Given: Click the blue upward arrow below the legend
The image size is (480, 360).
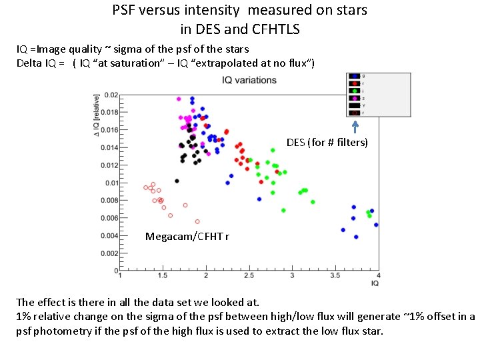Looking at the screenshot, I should pos(355,126).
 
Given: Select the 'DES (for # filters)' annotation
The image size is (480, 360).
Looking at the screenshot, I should pos(327,142).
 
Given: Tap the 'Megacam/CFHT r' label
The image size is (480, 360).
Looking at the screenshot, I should pos(187,236).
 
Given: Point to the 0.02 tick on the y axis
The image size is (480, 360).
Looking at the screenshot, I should pos(110,95).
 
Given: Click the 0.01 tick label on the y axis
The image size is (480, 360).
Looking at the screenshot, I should pos(110,183).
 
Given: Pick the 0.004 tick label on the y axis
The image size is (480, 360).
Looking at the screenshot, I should pos(108,236).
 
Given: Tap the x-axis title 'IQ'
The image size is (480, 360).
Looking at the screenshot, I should pos(375,283).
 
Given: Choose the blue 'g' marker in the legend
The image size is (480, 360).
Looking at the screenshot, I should pos(355,76).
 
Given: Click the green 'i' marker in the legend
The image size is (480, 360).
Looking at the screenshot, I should pos(355,91).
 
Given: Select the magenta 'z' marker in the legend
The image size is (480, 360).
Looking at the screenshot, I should pos(355,98).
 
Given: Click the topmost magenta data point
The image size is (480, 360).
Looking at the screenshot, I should pos(179,99).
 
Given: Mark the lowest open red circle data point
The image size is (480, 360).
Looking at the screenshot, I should pos(197,221).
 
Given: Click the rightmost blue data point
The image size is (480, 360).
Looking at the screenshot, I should pos(376,225).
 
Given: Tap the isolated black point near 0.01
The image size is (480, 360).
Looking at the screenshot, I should pos(177,181).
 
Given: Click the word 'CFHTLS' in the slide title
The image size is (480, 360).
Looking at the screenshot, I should pos(273,29).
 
